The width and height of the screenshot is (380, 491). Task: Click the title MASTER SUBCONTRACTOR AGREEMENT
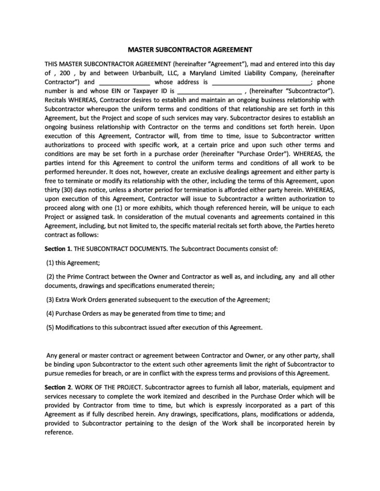pyautogui.click(x=190, y=49)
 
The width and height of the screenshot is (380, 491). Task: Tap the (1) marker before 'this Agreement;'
pyautogui.click(x=51, y=263)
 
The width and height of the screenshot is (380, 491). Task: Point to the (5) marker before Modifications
pyautogui.click(x=50, y=328)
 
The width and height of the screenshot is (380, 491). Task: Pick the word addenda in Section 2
pyautogui.click(x=318, y=414)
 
